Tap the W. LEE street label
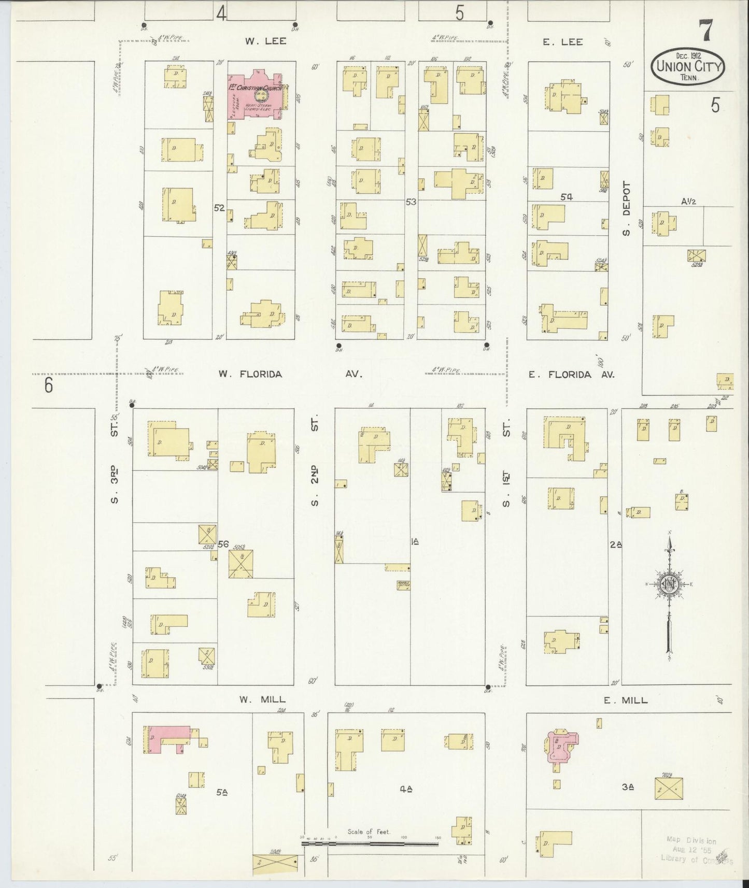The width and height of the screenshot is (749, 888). tap(266, 41)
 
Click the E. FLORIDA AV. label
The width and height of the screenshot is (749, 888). tap(571, 374)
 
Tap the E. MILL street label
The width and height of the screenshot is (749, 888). tap(626, 700)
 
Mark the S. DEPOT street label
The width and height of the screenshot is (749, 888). tap(626, 208)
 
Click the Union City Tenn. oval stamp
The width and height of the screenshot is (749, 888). tap(687, 67)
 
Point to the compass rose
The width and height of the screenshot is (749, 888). tap(670, 585)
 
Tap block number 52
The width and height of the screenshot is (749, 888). tap(219, 208)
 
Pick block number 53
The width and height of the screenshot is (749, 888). tap(411, 202)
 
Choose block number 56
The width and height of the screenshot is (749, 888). tap(223, 544)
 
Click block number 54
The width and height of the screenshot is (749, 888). tap(566, 197)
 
